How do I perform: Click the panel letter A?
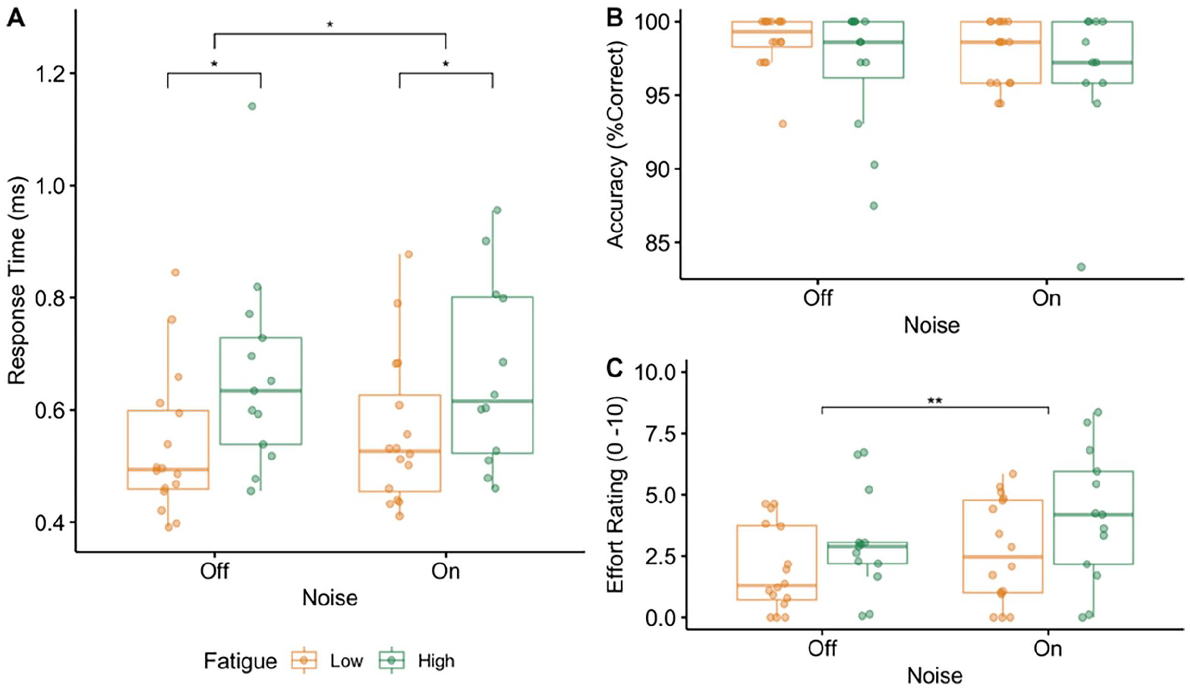(x=16, y=18)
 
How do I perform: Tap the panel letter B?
(x=614, y=18)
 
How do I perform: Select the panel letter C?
(x=615, y=369)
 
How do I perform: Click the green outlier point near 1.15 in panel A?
(x=252, y=106)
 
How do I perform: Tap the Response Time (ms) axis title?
(x=16, y=281)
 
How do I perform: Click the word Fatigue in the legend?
(x=240, y=661)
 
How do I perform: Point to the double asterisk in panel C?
(x=935, y=401)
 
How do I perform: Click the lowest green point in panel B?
(x=1080, y=267)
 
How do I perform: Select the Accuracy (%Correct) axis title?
(x=616, y=144)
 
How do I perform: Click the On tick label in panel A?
(x=445, y=571)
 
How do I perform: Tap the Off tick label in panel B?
(x=818, y=298)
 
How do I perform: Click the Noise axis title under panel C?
(x=935, y=676)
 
